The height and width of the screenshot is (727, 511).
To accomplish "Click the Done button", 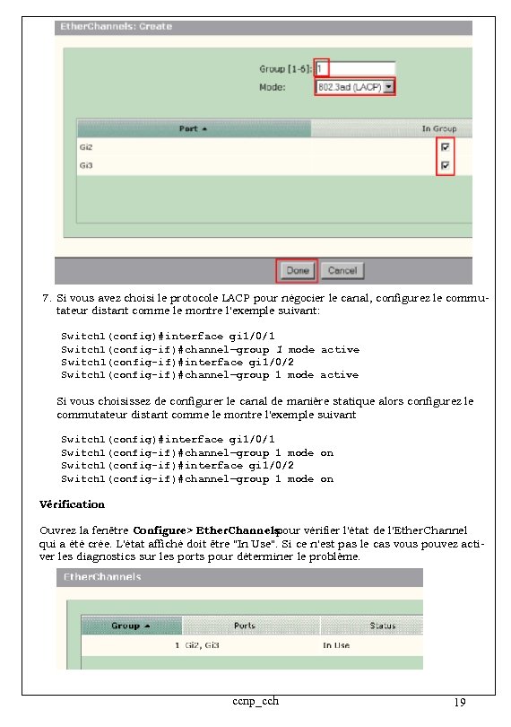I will coord(298,270).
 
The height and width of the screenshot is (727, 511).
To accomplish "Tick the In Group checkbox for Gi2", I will coord(446,147).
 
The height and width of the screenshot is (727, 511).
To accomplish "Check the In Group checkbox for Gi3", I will coord(446,166).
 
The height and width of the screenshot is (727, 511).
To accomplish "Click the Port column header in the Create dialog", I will coord(193,128).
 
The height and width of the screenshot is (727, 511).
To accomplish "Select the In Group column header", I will coord(438,128).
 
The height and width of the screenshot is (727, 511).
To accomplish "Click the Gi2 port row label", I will coord(86,147).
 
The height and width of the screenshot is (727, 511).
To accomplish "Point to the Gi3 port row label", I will coord(86,166).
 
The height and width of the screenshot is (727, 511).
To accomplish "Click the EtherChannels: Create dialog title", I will coord(116,27).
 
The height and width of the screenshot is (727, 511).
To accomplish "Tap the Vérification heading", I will coord(73,504).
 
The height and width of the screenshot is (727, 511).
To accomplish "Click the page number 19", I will coord(459,703).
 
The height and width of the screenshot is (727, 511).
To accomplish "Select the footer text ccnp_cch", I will coord(255,700).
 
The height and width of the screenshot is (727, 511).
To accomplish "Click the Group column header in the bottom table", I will coord(130,626).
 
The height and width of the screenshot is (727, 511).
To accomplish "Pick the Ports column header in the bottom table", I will coord(244,626).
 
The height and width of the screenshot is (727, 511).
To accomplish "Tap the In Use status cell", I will coord(336,645).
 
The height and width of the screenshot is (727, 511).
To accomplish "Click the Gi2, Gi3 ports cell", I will coord(204,645).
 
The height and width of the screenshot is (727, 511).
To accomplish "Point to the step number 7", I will coord(46,297).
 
